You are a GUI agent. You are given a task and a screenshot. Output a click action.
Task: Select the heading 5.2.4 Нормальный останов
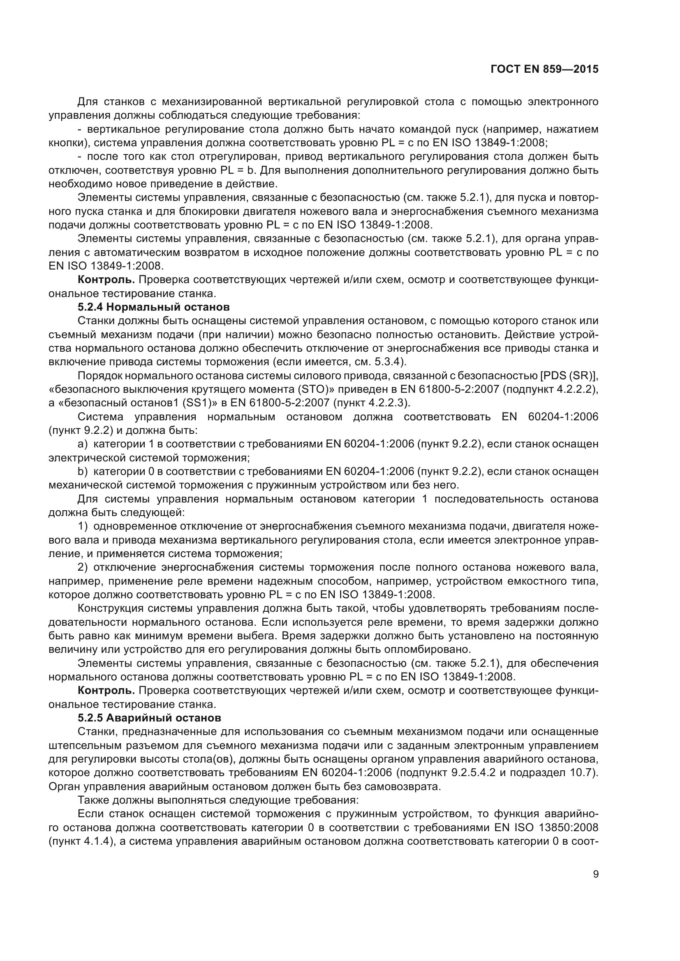click(154, 307)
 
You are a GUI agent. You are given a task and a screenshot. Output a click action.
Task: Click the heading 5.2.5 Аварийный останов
click(150, 718)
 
